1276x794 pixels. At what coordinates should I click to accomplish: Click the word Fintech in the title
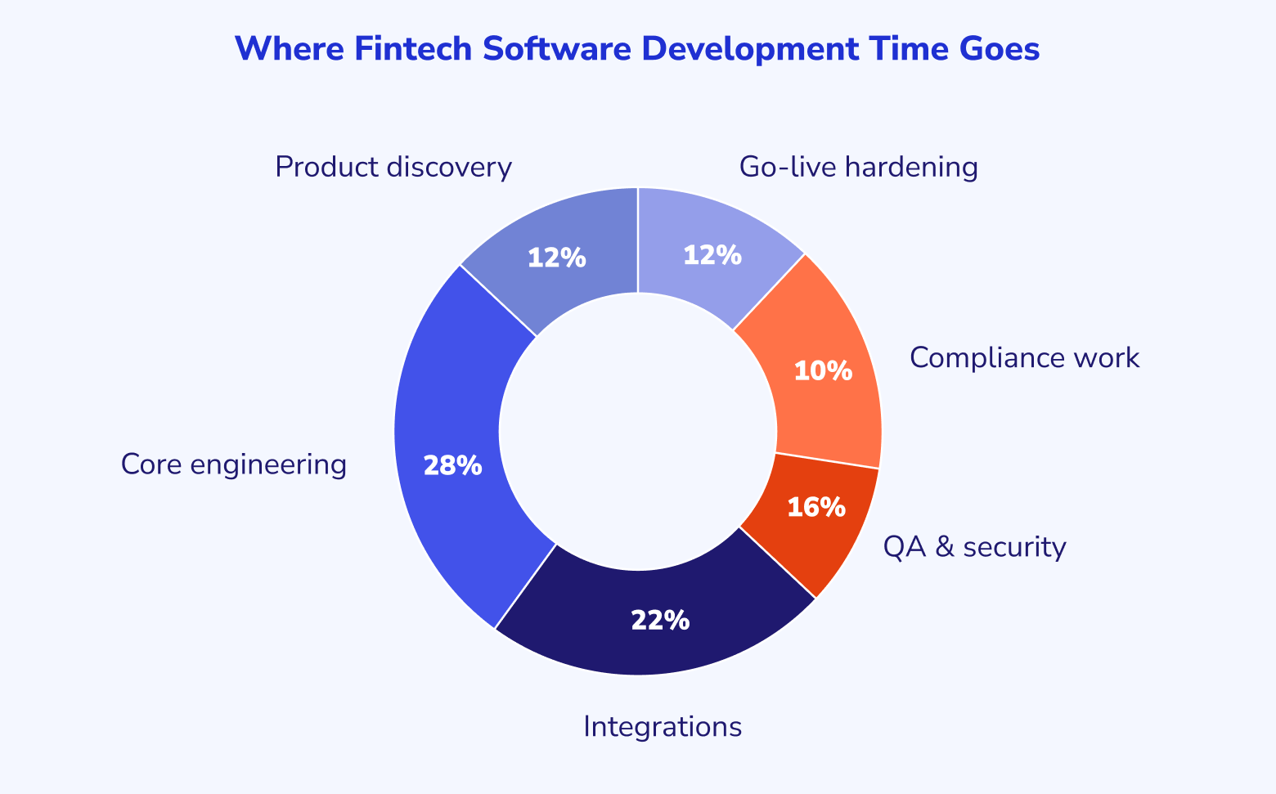[413, 48]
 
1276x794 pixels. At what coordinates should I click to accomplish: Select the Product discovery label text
[393, 168]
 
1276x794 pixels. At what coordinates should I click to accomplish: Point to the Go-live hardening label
[859, 168]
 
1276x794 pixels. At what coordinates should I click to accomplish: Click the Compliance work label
[1024, 358]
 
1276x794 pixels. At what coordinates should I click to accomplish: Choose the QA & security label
[974, 547]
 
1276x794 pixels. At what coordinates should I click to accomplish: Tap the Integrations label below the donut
[663, 727]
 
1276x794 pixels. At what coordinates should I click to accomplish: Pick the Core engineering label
[234, 464]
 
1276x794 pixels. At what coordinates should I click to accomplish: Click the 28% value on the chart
[453, 465]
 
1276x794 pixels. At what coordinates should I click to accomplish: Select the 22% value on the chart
[660, 621]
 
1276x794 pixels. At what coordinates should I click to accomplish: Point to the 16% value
[816, 507]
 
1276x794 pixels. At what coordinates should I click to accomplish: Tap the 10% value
[823, 370]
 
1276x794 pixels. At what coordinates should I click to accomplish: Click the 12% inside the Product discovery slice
[556, 258]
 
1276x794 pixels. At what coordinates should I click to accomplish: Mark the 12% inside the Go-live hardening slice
[712, 254]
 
